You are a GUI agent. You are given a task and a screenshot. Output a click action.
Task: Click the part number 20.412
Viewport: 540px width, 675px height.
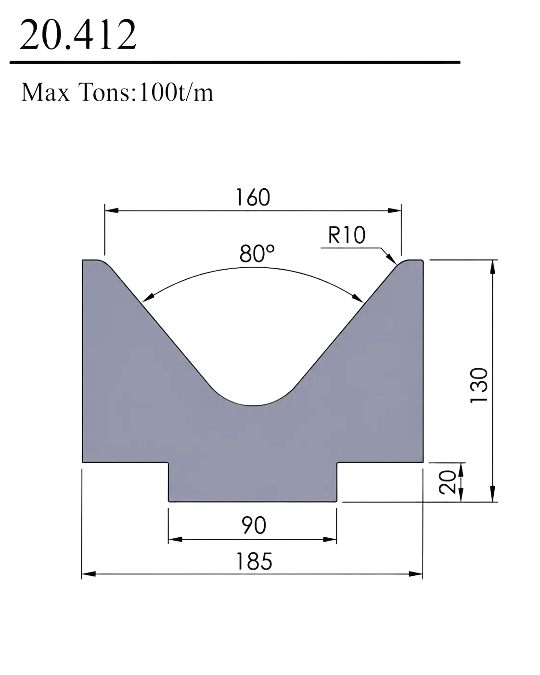click(x=78, y=35)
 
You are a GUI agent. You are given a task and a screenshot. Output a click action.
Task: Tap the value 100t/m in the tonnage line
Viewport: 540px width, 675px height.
click(x=176, y=92)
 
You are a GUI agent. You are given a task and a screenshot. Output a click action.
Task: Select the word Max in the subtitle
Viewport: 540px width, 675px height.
click(x=45, y=92)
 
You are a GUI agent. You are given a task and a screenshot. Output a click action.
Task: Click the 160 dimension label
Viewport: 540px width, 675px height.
click(x=253, y=197)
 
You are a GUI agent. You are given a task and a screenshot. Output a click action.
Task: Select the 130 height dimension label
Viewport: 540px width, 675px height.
click(x=479, y=385)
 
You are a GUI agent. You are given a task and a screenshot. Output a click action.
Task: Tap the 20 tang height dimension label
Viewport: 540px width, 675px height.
click(x=447, y=482)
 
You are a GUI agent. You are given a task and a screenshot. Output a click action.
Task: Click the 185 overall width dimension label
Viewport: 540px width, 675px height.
click(x=254, y=561)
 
